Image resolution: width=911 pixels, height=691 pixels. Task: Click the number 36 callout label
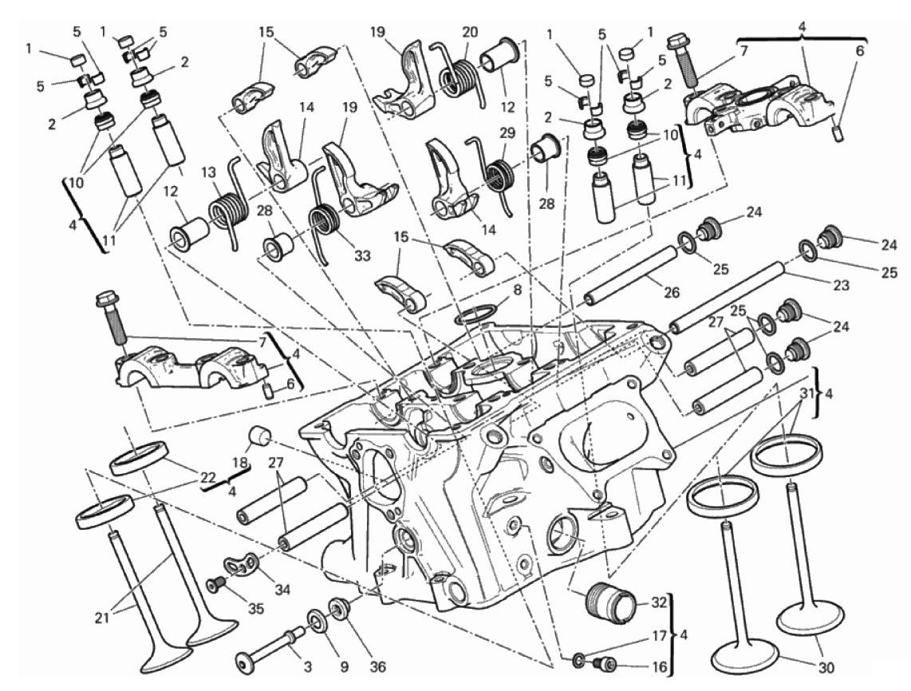pyautogui.click(x=377, y=667)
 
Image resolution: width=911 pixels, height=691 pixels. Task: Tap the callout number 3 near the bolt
pyautogui.click(x=307, y=667)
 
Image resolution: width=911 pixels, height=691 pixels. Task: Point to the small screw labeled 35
pyautogui.click(x=216, y=583)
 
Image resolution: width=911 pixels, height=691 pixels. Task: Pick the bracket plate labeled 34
pyautogui.click(x=241, y=564)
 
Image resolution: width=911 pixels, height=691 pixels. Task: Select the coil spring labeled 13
pyautogui.click(x=228, y=207)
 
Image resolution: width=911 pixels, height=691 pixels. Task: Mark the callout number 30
pyautogui.click(x=826, y=666)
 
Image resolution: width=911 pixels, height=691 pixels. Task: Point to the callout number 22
pyautogui.click(x=208, y=476)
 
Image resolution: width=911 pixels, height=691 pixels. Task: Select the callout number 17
pyautogui.click(x=658, y=637)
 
